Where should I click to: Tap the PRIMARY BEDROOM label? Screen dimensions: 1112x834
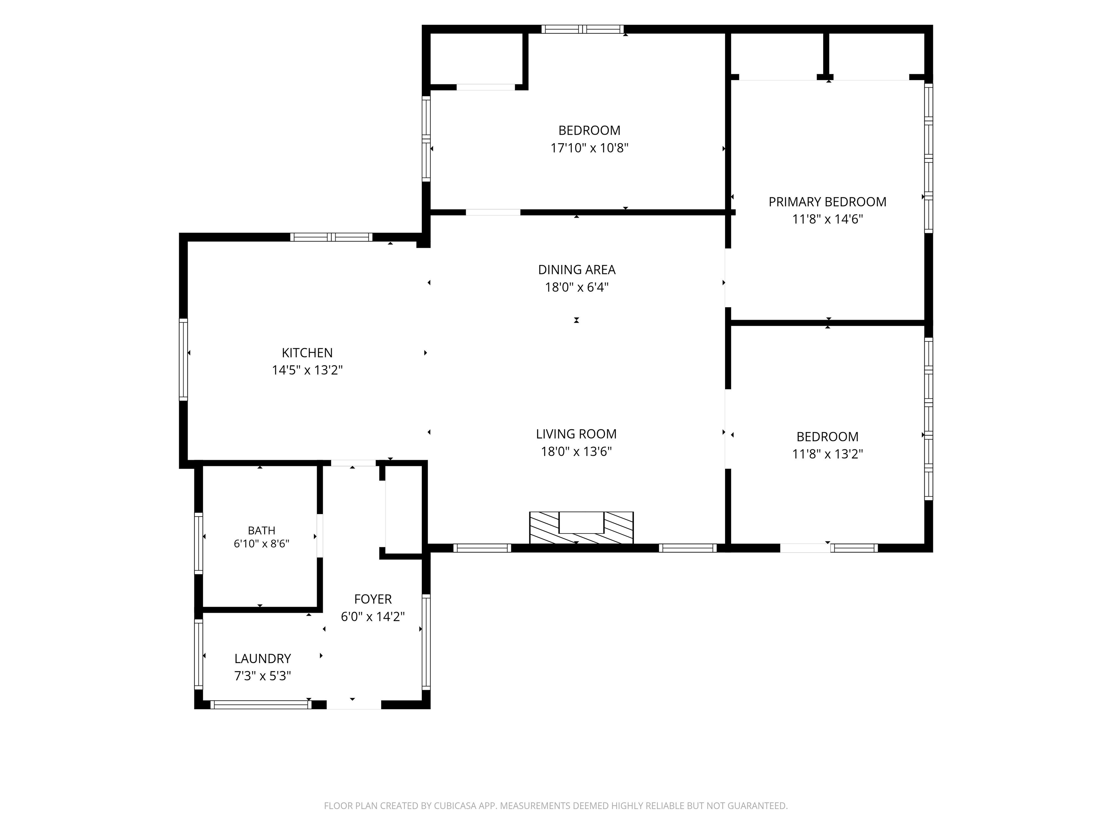point(827,202)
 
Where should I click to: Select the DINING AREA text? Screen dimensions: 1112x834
point(577,270)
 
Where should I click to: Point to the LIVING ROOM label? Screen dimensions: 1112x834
point(576,434)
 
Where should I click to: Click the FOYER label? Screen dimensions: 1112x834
point(372,599)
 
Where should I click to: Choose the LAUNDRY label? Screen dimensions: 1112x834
point(262,658)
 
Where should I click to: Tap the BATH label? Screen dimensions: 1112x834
point(261,530)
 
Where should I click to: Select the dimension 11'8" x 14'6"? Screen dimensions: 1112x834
point(827,219)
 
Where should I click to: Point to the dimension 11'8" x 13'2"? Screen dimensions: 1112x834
point(827,454)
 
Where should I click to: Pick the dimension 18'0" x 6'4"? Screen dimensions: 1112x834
point(577,287)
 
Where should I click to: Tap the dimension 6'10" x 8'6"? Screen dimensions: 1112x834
point(261,543)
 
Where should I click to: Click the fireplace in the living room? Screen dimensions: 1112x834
point(581,527)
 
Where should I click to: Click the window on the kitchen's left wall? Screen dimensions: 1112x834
point(184,359)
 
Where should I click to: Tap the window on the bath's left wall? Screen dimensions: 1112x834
point(199,543)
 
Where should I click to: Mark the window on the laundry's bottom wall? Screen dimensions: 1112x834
point(261,705)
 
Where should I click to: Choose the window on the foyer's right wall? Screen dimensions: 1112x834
point(426,641)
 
